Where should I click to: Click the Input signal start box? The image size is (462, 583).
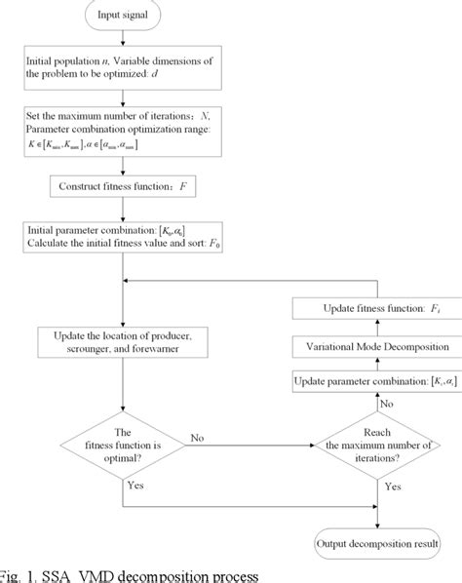coord(121,18)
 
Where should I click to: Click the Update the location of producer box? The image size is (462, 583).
coord(121,343)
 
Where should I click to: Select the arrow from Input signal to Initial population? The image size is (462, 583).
coord(121,41)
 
